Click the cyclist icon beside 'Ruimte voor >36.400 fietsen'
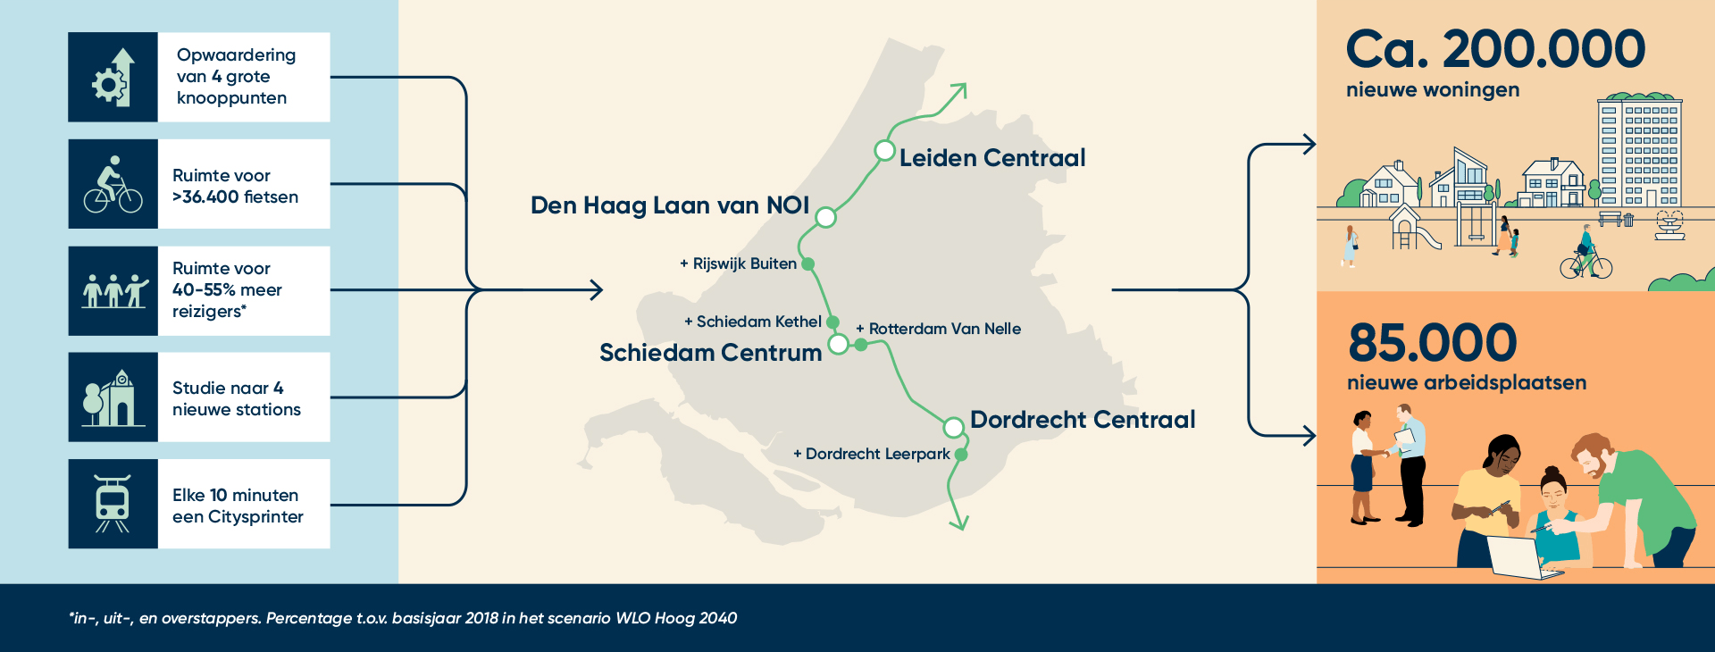click(x=113, y=184)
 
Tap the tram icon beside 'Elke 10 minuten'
click(x=113, y=504)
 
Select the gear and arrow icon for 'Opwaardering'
click(x=113, y=78)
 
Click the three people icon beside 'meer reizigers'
click(x=113, y=291)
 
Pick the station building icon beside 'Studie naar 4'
click(x=113, y=397)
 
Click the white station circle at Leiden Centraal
click(x=884, y=151)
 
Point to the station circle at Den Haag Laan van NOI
click(x=825, y=217)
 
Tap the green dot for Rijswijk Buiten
click(x=807, y=264)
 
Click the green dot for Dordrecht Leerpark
click(x=961, y=455)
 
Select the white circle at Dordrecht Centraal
click(x=953, y=427)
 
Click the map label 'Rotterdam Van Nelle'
click(x=944, y=329)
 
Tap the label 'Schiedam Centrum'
click(x=710, y=353)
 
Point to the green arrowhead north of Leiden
click(x=959, y=89)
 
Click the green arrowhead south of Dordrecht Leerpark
click(x=959, y=522)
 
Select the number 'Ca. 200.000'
click(x=1495, y=49)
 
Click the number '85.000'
click(x=1432, y=343)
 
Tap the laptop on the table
click(x=1518, y=557)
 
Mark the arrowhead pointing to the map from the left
click(x=597, y=289)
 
